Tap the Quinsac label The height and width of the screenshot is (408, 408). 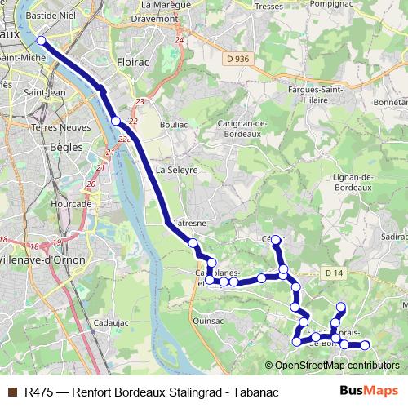pyautogui.click(x=208, y=321)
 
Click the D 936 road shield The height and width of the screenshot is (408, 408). pyautogui.click(x=237, y=58)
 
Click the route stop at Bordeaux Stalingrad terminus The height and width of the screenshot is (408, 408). pyautogui.click(x=40, y=42)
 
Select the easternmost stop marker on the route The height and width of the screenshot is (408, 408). pyautogui.click(x=366, y=345)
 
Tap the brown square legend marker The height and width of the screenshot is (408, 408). pyautogui.click(x=12, y=392)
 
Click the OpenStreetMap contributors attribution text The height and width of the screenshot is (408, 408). pyautogui.click(x=336, y=366)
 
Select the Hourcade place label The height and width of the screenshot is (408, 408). pyautogui.click(x=70, y=181)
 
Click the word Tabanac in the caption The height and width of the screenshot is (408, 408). pyautogui.click(x=256, y=392)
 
